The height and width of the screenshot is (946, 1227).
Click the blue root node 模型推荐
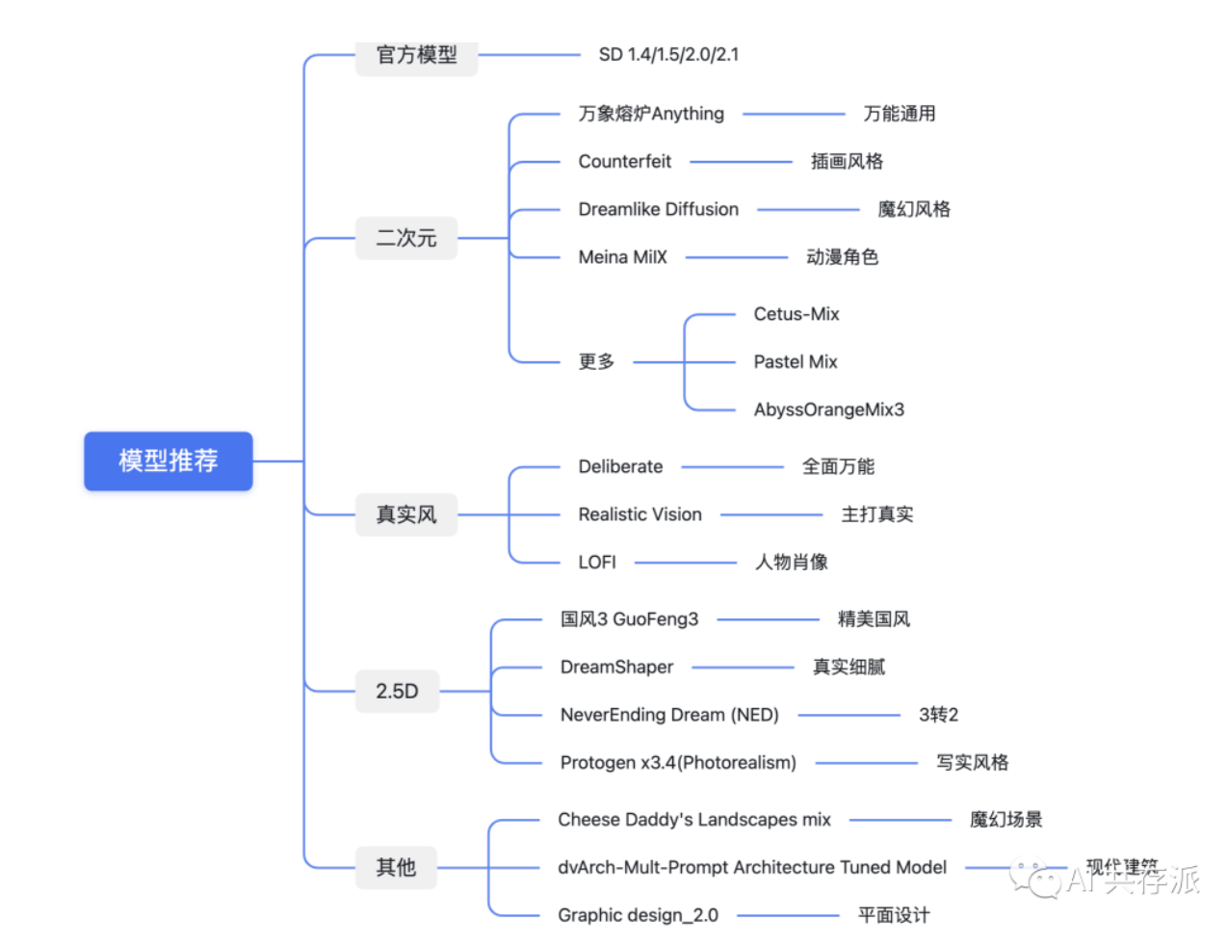[x=169, y=460]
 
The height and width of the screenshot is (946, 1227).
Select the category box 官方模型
[x=416, y=55]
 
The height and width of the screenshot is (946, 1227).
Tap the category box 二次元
[x=405, y=238]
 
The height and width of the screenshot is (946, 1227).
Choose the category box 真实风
[x=405, y=514]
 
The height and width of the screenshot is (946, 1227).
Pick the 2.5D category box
[x=397, y=691]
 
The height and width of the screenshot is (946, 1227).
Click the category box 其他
[x=396, y=867]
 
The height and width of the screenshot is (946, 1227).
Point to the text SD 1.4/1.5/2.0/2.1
[x=668, y=55]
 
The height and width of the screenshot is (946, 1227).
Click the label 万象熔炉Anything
[x=651, y=114]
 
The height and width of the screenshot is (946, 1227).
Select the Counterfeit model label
[x=624, y=161]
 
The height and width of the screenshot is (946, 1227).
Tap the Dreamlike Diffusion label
[x=658, y=209]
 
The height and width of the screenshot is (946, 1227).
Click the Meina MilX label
[x=622, y=257]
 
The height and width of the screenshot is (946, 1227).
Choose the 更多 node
[x=596, y=362]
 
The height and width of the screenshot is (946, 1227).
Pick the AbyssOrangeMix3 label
[x=828, y=409]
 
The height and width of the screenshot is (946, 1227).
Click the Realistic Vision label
[x=640, y=514]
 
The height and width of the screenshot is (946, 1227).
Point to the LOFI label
[x=597, y=563]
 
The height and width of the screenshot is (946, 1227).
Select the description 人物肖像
[x=791, y=563]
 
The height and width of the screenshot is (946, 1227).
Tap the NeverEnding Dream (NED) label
[x=669, y=715]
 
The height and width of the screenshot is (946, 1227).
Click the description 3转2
[x=938, y=715]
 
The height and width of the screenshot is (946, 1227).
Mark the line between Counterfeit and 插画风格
[x=741, y=161]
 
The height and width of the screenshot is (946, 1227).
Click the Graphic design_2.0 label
[x=638, y=915]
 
